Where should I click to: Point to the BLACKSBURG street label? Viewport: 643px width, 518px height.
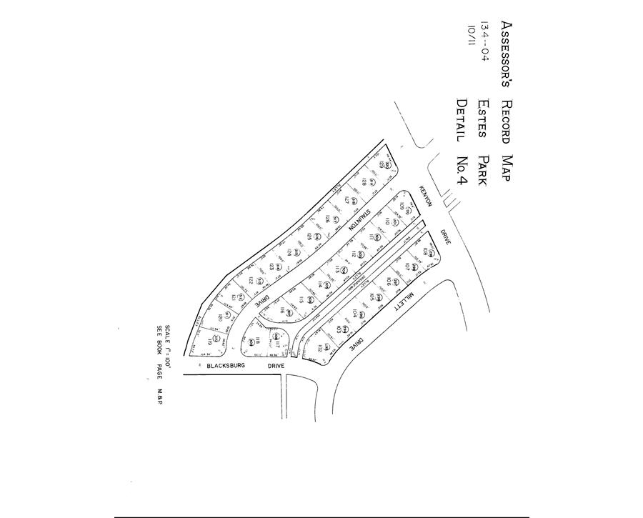point(226,365)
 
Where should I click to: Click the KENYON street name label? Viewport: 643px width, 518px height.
point(427,195)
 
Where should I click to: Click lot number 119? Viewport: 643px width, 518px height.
point(210,342)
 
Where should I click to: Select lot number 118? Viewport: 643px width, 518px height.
point(249,342)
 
